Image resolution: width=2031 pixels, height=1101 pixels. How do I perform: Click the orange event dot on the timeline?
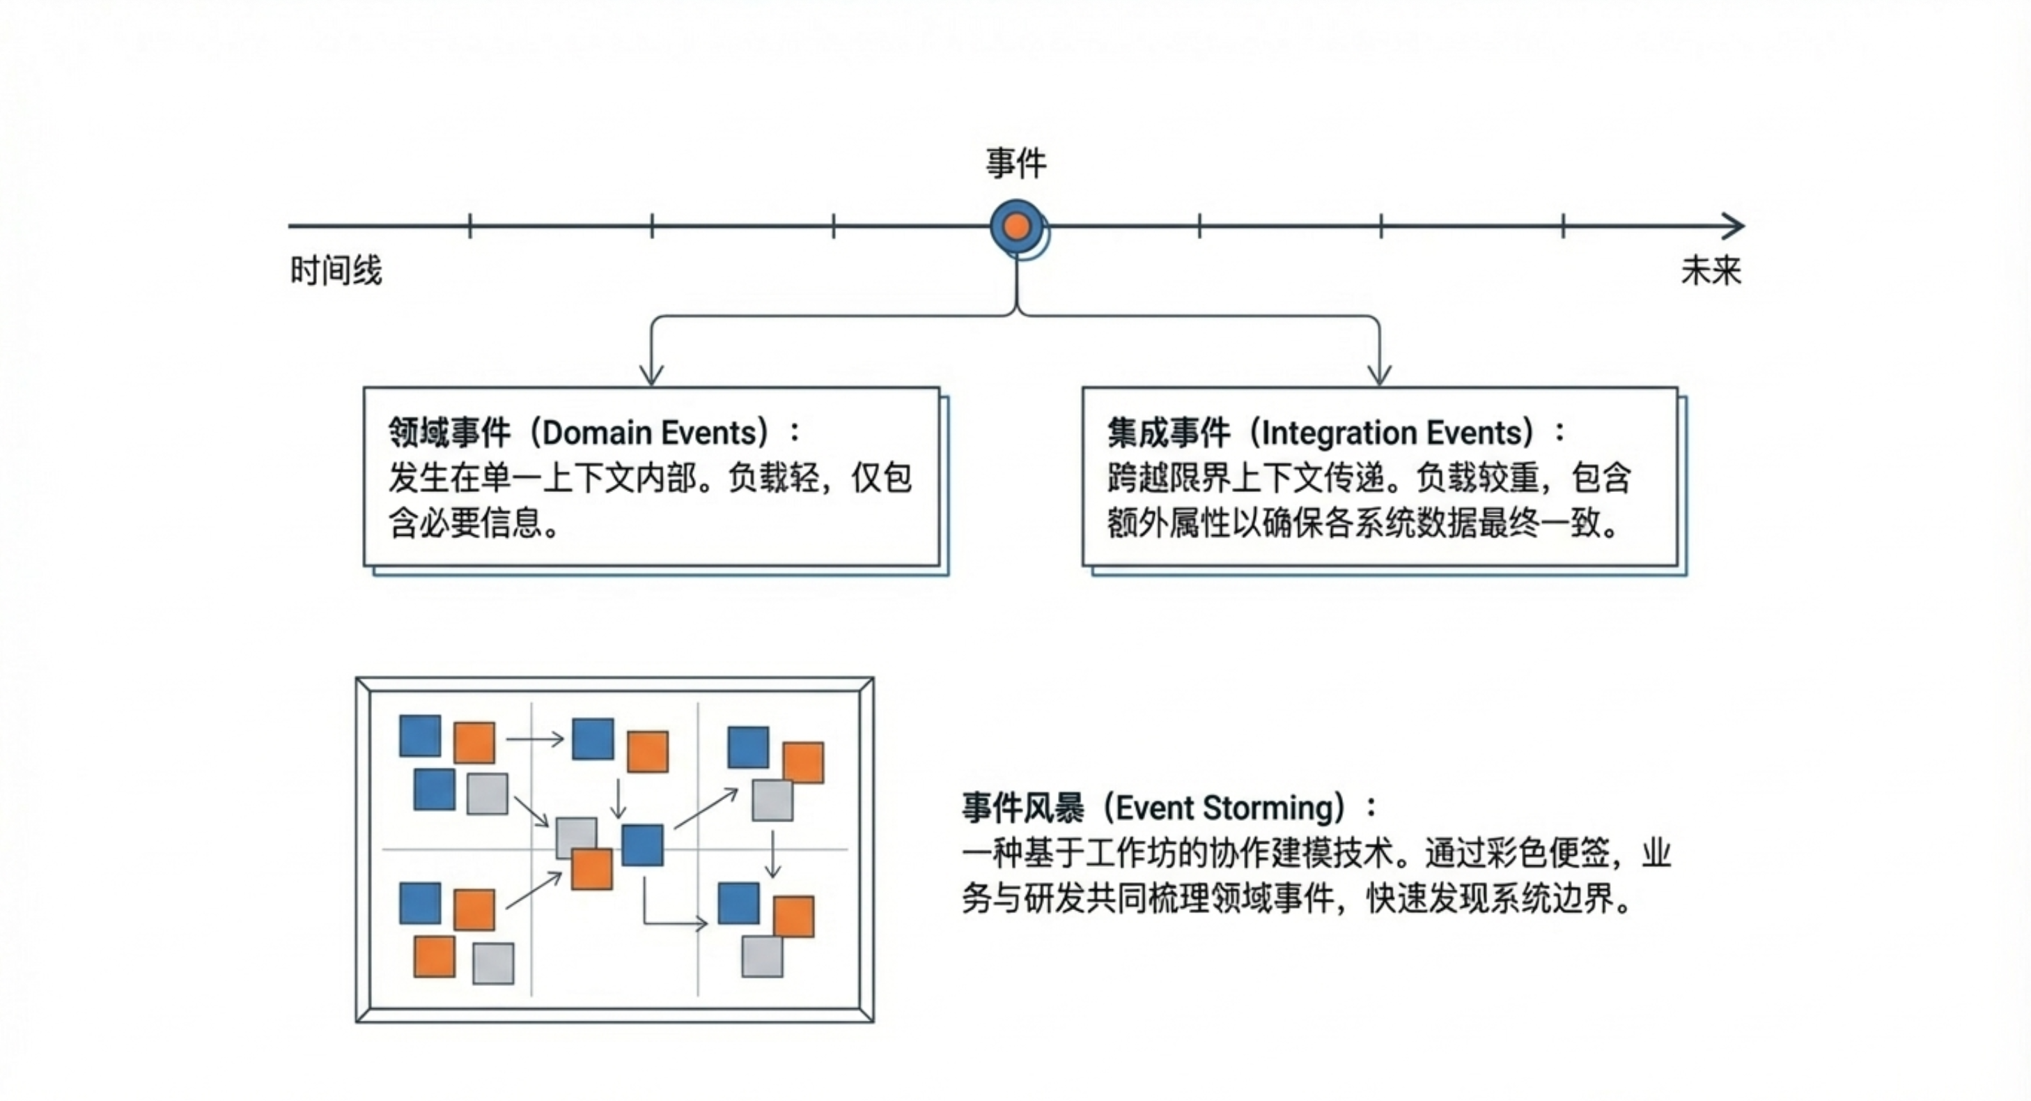(x=1017, y=226)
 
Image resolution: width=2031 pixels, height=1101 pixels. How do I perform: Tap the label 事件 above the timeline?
(x=1016, y=164)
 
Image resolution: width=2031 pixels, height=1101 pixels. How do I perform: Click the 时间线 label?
(x=336, y=270)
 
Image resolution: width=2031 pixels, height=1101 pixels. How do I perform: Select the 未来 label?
(x=1710, y=270)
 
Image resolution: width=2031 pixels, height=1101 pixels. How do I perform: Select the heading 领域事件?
(x=449, y=432)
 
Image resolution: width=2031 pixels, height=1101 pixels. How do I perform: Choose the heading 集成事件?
(x=1169, y=432)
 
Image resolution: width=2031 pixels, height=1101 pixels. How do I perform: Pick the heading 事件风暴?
(x=1022, y=808)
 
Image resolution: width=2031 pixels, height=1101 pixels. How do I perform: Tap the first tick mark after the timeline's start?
(x=470, y=226)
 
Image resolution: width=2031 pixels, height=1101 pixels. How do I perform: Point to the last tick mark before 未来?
(x=1563, y=226)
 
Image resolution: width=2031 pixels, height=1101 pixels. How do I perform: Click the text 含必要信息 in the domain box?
(x=465, y=522)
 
